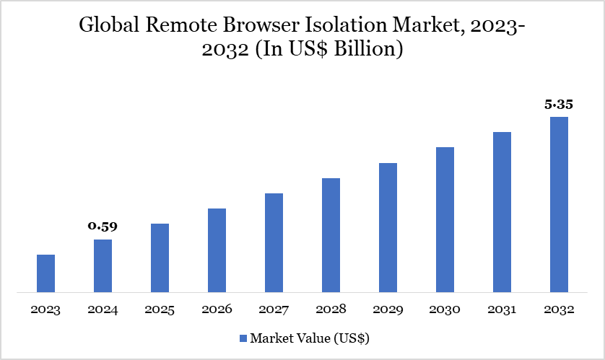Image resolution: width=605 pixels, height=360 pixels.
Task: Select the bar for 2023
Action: pos(45,273)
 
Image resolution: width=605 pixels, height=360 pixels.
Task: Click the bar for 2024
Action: pos(103,266)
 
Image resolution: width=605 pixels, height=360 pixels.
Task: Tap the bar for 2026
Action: pos(217,250)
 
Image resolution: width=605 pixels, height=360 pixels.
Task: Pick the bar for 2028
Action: pos(331,235)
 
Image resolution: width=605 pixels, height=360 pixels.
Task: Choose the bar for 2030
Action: pos(445,220)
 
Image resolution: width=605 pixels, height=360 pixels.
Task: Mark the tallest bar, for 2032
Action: pos(559,205)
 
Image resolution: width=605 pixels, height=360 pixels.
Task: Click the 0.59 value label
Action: pos(103,227)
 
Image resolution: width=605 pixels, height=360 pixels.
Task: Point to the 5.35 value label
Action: pos(559,104)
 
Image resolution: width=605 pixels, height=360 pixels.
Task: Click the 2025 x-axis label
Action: pos(160,310)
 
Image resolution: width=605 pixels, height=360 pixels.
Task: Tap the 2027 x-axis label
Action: pos(274,310)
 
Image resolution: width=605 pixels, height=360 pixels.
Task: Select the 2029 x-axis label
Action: pos(388,310)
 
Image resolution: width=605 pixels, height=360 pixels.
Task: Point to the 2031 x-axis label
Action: pos(502,310)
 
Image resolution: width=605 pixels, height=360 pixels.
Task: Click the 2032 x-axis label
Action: pos(559,310)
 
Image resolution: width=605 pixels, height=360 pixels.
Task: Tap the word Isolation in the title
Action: pos(349,26)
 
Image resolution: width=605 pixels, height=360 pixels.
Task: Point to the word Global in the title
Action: pos(104,26)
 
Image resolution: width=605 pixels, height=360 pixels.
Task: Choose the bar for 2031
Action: pos(502,213)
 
